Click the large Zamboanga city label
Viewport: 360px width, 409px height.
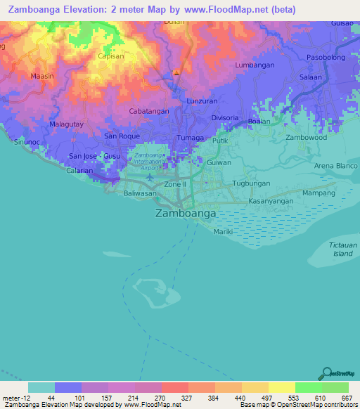point(185,212)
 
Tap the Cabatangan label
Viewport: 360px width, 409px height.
point(150,111)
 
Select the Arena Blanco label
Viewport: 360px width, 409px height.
point(335,166)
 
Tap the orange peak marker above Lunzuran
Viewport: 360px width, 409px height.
point(176,74)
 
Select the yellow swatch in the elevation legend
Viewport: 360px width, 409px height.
point(281,387)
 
